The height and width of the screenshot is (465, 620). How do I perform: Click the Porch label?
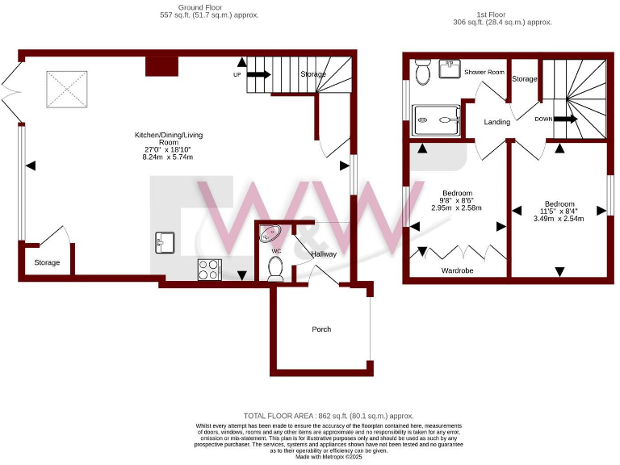[321, 329]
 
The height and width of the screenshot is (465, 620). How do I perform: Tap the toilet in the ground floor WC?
[275, 269]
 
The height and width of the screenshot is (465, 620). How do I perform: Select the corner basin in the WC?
[270, 234]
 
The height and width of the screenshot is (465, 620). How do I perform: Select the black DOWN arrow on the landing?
[565, 119]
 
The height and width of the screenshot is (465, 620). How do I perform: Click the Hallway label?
[324, 254]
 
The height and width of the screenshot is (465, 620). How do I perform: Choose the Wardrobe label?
[457, 270]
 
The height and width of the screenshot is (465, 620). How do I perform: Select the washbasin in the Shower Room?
[450, 69]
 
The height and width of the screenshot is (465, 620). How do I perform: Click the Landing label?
[496, 122]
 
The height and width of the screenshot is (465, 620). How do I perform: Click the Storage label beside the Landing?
[524, 79]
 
